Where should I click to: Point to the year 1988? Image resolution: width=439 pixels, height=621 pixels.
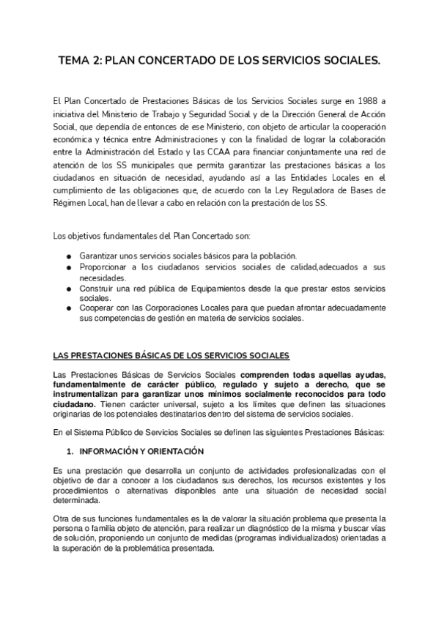[x=373, y=100]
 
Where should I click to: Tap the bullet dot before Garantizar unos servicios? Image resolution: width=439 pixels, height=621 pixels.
[x=68, y=256]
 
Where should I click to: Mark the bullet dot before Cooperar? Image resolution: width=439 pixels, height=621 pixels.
[x=68, y=310]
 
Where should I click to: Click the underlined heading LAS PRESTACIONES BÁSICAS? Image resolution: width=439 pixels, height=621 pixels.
[x=171, y=357]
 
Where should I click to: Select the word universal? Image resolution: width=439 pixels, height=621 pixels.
[x=178, y=404]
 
